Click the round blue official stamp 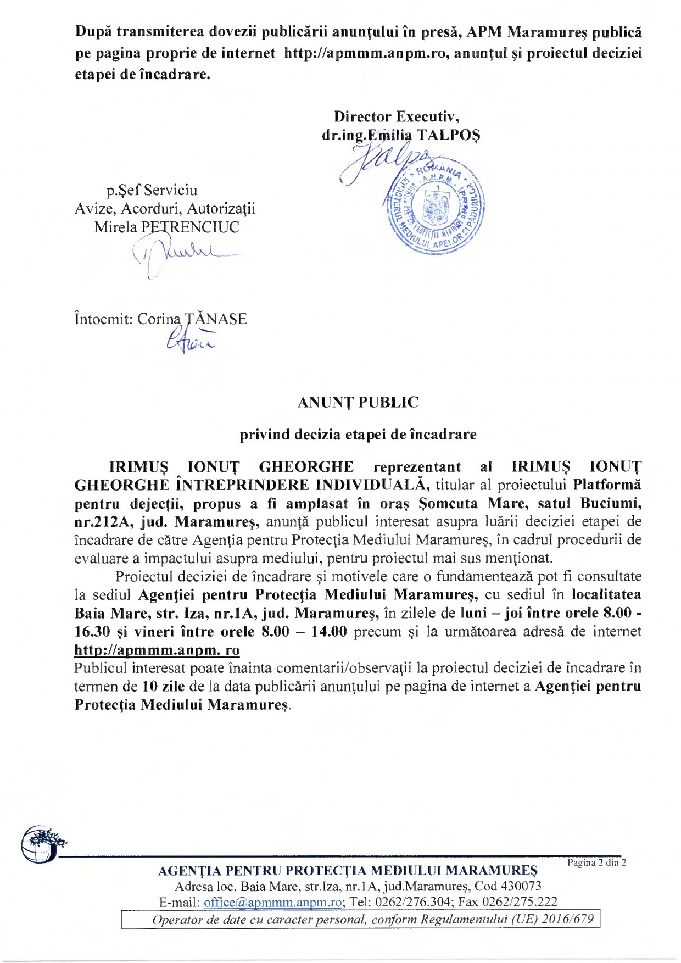pos(434,208)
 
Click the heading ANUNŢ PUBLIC pos(358,402)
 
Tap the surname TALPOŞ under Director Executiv pos(449,135)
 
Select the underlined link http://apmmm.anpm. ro pos(157,650)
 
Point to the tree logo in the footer pos(42,843)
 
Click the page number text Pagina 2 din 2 pos(596,862)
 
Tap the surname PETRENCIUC pos(190,227)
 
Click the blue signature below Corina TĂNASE pos(190,342)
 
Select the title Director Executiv pos(397,116)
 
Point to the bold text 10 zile pos(163,686)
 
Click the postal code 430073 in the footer pos(521,886)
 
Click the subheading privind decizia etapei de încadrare pos(358,435)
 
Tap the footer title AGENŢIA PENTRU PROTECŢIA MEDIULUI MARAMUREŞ pos(348,871)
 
